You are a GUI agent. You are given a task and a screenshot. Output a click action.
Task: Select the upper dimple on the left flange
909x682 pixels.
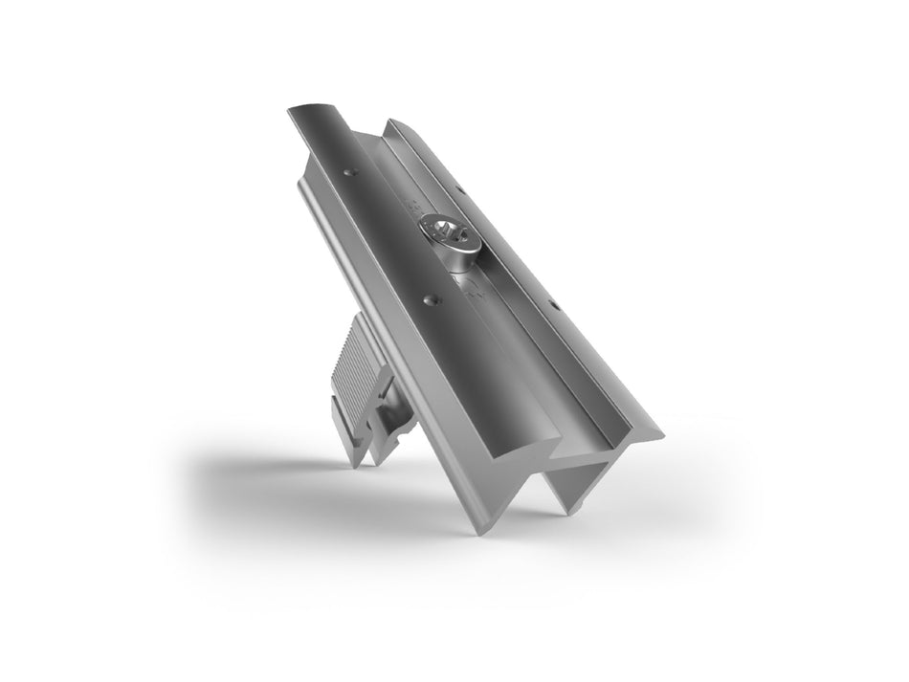click(347, 173)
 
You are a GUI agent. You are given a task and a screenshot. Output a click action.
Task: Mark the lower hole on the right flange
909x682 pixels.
click(554, 306)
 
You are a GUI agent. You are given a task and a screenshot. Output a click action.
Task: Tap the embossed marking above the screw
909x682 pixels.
click(414, 204)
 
